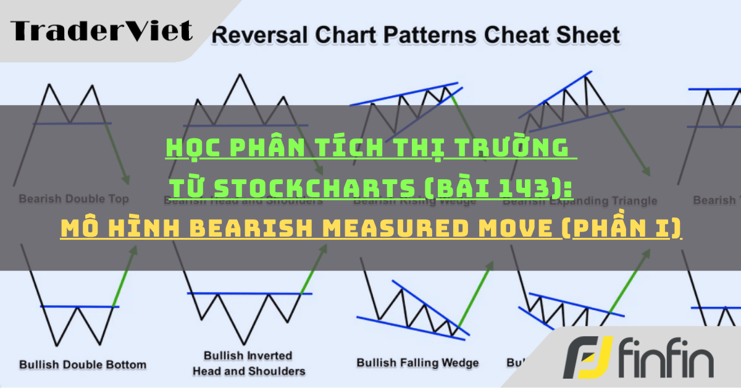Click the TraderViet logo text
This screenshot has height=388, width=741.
(x=101, y=30)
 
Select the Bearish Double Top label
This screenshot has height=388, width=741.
(x=73, y=199)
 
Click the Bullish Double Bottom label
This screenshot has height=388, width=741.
(x=83, y=364)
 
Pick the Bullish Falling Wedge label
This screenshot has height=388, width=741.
(x=417, y=363)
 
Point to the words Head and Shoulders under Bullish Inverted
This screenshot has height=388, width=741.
(x=249, y=371)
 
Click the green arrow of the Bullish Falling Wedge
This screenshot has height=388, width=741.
(x=477, y=290)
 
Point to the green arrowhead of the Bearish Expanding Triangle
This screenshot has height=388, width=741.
(x=647, y=172)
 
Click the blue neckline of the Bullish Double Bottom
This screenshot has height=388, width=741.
(x=79, y=306)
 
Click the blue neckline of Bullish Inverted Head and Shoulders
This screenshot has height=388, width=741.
(x=249, y=293)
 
